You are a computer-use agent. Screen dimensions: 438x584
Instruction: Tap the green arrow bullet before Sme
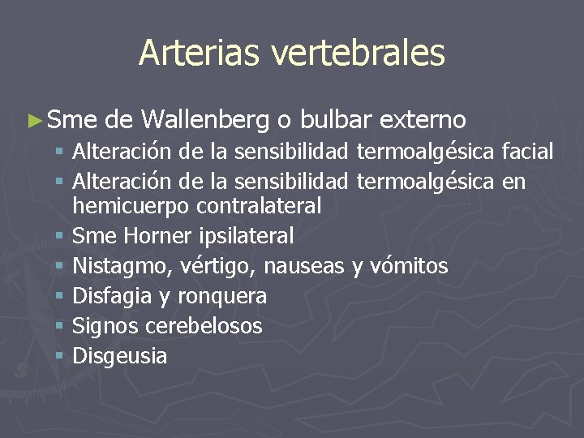(33, 121)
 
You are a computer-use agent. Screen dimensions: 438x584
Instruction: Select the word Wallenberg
(205, 120)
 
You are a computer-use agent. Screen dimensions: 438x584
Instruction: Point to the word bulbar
(337, 120)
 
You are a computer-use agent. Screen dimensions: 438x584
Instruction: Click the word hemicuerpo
(130, 206)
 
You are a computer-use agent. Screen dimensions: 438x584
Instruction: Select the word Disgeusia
(120, 356)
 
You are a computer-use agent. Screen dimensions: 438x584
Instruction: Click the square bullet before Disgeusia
(62, 356)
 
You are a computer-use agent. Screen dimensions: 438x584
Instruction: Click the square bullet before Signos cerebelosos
(62, 326)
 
